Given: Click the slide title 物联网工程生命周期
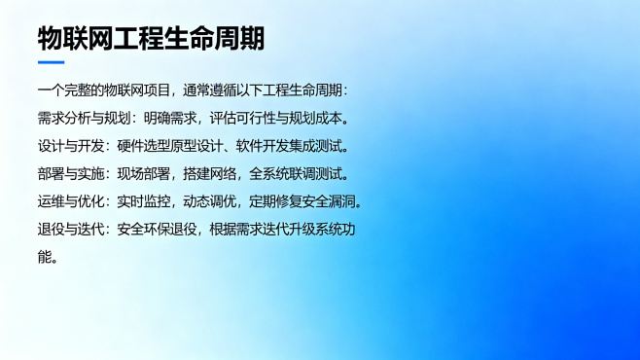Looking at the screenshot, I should pyautogui.click(x=151, y=40).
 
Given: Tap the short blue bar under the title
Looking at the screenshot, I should pyautogui.click(x=51, y=63).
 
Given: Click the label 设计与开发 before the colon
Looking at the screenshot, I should pyautogui.click(x=68, y=147).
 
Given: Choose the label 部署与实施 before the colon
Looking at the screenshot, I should pyautogui.click(x=68, y=175).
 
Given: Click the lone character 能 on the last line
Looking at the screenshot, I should pyautogui.click(x=45, y=259).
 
